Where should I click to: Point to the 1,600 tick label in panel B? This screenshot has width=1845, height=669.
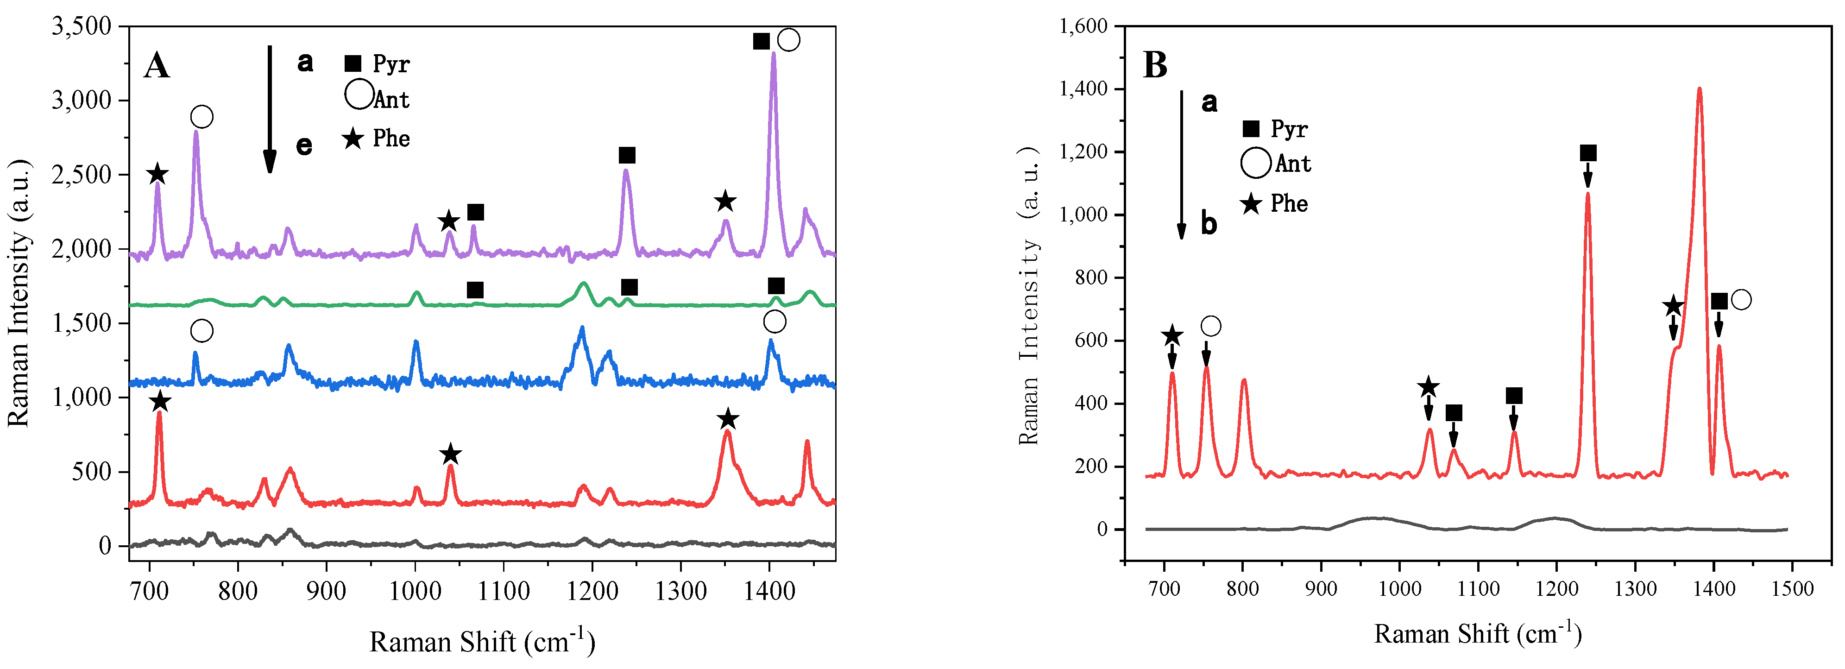[1083, 26]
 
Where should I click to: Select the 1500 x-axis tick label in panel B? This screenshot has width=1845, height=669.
[1792, 589]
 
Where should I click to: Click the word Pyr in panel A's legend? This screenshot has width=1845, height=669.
[391, 64]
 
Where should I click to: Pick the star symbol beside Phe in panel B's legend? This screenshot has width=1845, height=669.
[1251, 204]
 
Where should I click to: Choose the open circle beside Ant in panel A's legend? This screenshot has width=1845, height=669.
[359, 95]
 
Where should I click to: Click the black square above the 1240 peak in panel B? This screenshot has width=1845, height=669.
[1588, 152]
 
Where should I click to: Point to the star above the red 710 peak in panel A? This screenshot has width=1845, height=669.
[160, 402]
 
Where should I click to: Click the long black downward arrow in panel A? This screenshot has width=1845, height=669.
[269, 107]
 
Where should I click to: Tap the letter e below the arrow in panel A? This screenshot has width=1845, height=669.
[304, 145]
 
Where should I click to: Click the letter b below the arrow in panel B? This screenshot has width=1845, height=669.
[1209, 224]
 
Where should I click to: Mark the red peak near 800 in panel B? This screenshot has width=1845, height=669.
[1244, 381]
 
